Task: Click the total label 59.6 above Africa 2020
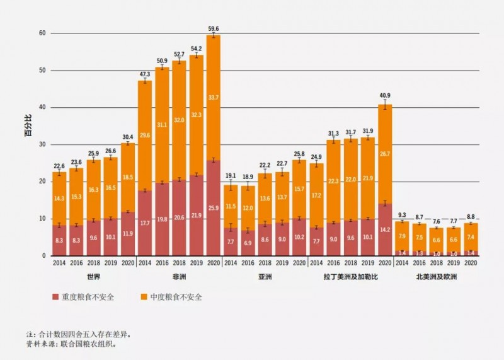point(214,28)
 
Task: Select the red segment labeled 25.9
point(214,208)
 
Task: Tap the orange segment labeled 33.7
point(214,97)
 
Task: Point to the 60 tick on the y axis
point(42,33)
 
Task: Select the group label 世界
point(93,277)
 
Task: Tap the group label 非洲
point(179,277)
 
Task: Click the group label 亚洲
point(265,277)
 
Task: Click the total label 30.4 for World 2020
point(127,137)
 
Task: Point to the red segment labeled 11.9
point(127,234)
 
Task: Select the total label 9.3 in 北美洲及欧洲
point(402,215)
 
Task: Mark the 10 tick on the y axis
point(42,219)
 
